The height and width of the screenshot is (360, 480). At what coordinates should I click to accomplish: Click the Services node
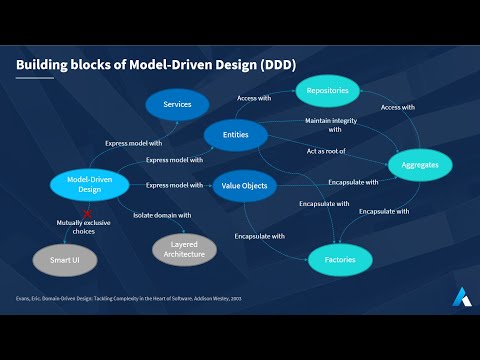(177, 104)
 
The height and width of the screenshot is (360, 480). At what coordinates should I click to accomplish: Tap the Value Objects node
(243, 185)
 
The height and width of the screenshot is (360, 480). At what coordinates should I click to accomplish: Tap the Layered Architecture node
(184, 248)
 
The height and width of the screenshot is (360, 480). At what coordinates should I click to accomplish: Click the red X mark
(87, 213)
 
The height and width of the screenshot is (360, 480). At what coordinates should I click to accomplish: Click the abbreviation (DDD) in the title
(272, 66)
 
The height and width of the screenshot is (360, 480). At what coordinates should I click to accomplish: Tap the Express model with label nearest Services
(133, 143)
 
